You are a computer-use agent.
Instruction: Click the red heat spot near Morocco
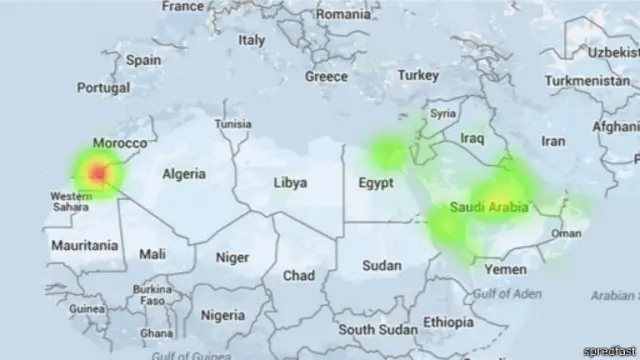point(98,174)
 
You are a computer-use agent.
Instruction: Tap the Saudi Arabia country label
point(489,207)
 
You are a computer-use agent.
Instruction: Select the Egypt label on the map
point(376,184)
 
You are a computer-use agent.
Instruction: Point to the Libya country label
point(290,183)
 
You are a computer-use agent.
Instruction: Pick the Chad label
point(298,275)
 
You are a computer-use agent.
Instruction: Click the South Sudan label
point(377,329)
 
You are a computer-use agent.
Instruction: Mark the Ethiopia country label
point(448,322)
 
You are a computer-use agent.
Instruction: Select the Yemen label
point(504,270)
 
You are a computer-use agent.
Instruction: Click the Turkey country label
point(418,75)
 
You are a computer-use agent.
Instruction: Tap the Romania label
point(343,14)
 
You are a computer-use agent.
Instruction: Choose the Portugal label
point(103,88)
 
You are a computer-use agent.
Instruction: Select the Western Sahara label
point(71,201)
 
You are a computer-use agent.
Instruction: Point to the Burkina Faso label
point(152,295)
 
